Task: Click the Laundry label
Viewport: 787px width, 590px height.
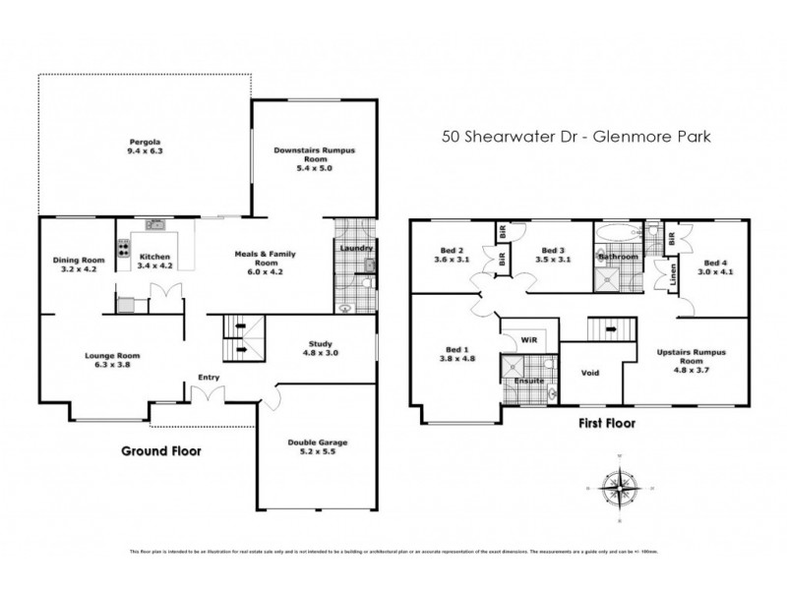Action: (354, 248)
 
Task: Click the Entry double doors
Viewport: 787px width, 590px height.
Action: (209, 397)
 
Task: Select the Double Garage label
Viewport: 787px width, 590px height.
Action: (317, 448)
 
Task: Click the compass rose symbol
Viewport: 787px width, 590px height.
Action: (619, 488)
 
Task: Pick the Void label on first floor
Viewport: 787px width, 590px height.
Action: (589, 373)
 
